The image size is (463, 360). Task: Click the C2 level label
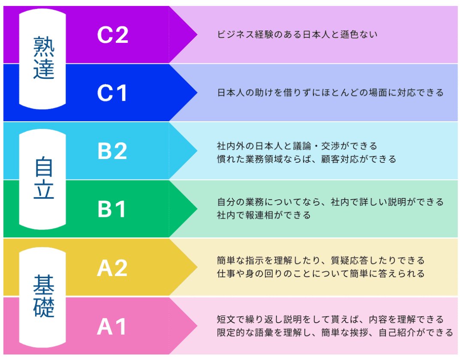[x=113, y=35]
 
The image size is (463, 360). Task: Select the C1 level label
[x=113, y=93]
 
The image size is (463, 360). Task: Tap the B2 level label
[x=113, y=151]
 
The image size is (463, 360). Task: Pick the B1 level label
[x=113, y=209]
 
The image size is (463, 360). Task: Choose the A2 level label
[x=113, y=268]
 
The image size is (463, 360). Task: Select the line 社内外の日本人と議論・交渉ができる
[x=297, y=146]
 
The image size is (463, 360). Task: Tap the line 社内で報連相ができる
[x=264, y=215]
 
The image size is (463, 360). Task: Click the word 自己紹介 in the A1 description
[x=398, y=333]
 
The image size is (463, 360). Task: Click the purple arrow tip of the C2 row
[x=189, y=34]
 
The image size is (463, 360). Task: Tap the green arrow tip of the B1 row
[x=189, y=209]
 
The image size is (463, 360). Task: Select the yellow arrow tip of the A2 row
[x=189, y=267]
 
